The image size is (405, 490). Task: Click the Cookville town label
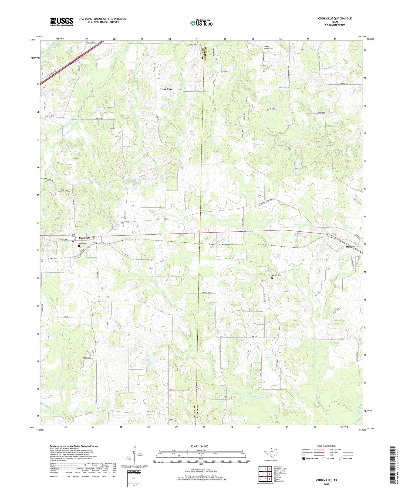[x=85, y=238]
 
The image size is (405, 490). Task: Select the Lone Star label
[x=166, y=89]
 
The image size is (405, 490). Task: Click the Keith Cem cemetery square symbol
[x=79, y=246]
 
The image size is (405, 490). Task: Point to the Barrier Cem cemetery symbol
[x=272, y=278]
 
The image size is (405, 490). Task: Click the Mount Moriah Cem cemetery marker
[x=262, y=46]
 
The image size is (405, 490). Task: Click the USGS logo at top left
[x=62, y=22]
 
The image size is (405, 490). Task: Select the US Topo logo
[x=201, y=23]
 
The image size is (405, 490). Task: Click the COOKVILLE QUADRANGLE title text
[x=335, y=18]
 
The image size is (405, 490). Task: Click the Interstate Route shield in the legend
[x=304, y=459]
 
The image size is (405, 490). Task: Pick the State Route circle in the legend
[x=340, y=459]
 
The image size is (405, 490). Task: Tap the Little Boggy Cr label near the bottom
[x=258, y=397]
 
